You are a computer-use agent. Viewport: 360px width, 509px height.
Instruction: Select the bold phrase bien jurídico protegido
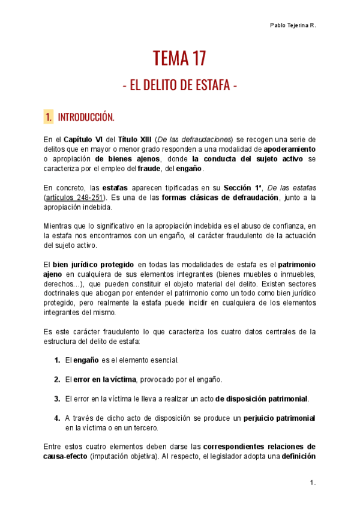(93, 264)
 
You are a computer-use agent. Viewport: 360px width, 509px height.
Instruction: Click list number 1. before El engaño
(56, 360)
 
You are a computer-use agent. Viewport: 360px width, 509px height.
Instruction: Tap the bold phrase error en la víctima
(104, 379)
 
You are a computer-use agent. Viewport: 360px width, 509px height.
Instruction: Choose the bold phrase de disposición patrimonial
(262, 399)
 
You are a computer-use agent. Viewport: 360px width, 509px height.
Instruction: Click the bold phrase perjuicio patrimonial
(280, 418)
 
